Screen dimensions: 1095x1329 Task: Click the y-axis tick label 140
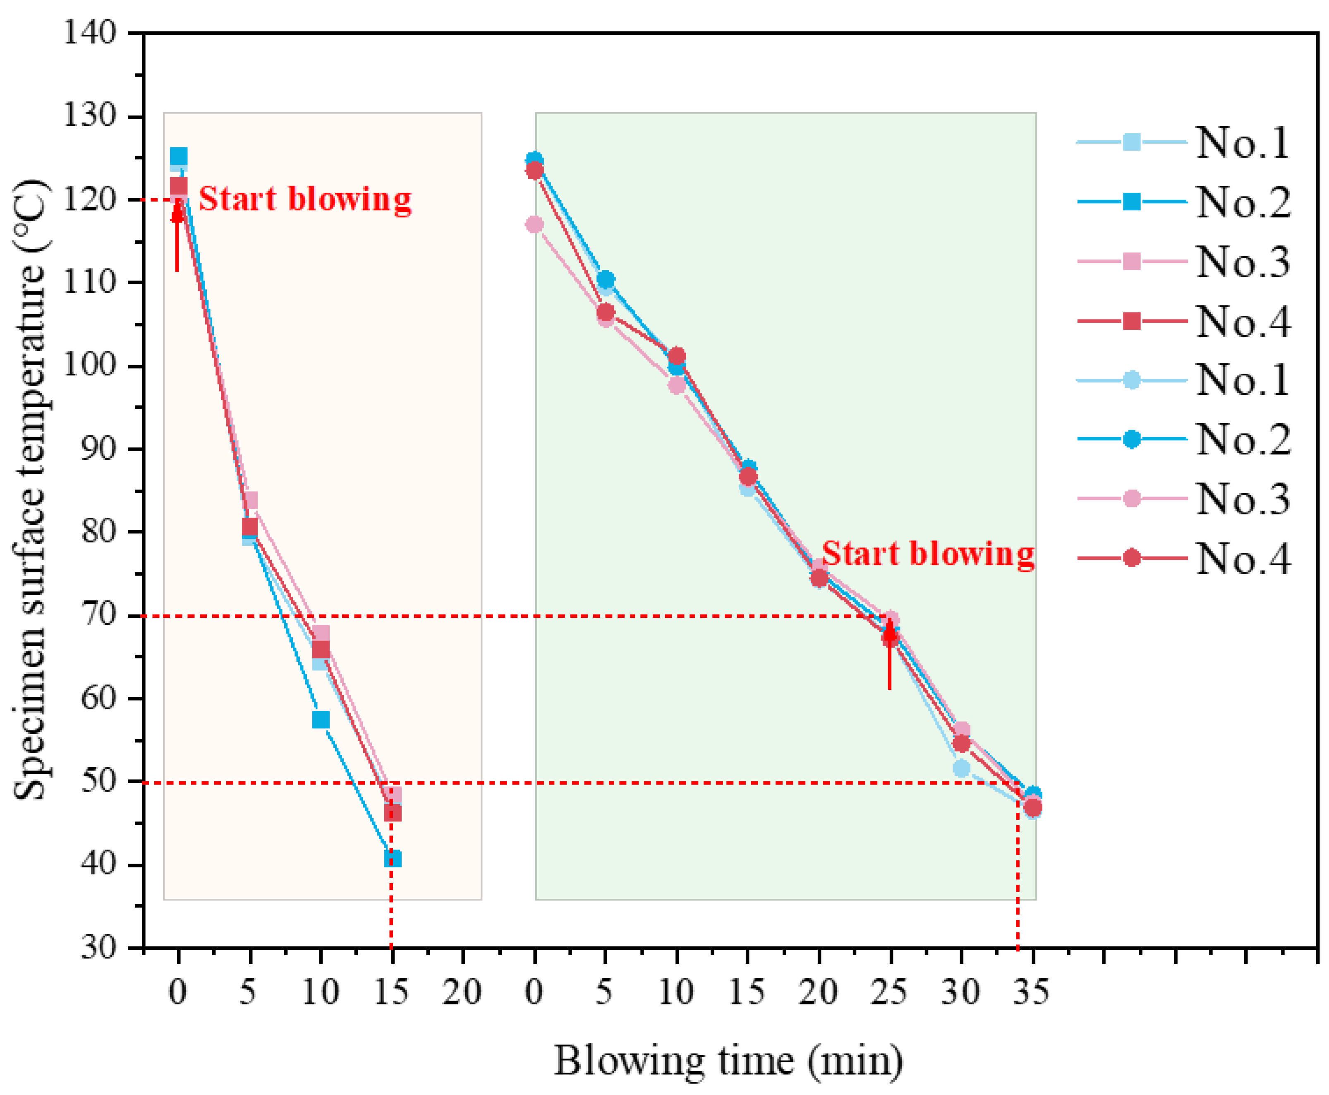[x=90, y=32]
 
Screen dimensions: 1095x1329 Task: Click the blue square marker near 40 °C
[x=392, y=858]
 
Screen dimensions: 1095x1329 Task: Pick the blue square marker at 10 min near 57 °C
[x=321, y=720]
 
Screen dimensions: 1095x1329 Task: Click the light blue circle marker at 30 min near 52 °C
[x=961, y=768]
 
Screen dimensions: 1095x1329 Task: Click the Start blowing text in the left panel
[x=305, y=199]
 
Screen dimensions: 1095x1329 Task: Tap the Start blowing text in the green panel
[x=928, y=554]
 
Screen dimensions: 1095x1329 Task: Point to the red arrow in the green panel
[x=890, y=656]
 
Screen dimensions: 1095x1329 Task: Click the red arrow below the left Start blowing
[x=177, y=237]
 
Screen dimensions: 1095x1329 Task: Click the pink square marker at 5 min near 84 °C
[x=250, y=501]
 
